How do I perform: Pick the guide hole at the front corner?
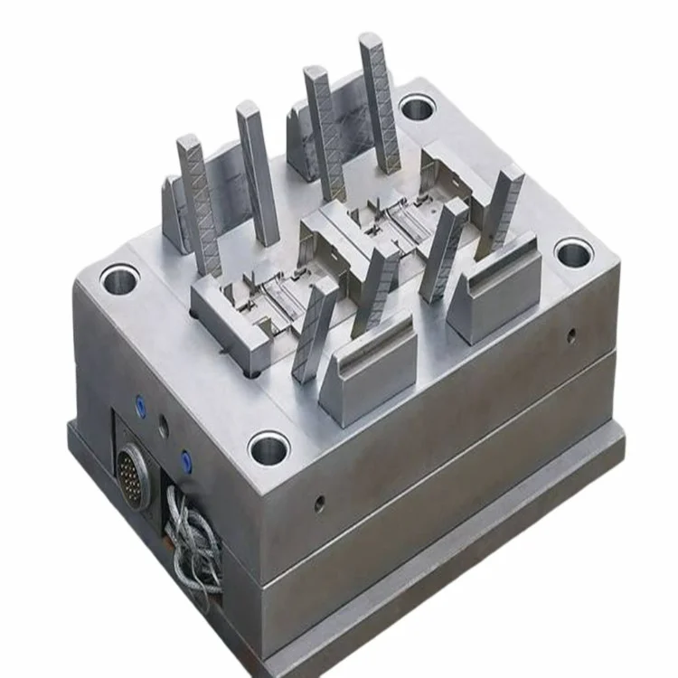pos(268,447)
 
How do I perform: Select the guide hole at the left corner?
pos(119,279)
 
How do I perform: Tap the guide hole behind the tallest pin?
pos(417,109)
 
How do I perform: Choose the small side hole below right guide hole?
pos(571,335)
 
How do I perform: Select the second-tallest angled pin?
pos(324,131)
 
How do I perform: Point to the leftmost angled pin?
pos(200,203)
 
